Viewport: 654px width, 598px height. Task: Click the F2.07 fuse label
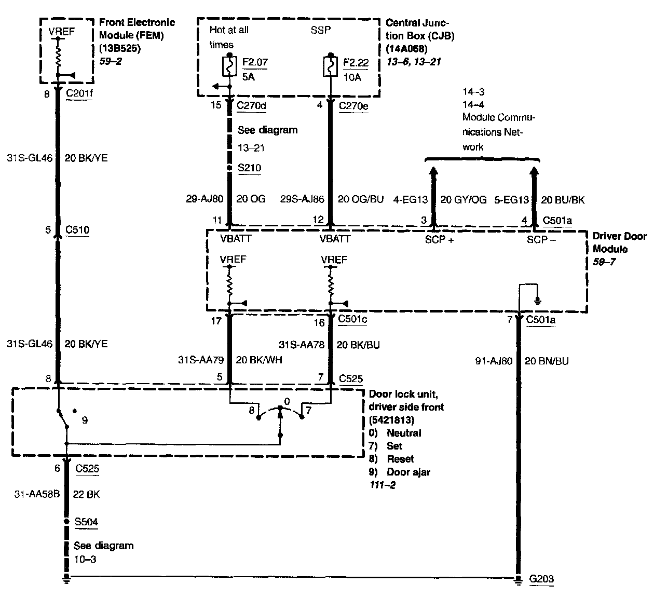coord(255,63)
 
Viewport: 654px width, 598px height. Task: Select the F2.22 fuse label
coord(356,63)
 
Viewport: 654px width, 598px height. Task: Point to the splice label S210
coord(249,168)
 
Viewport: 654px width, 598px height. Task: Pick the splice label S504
coord(86,522)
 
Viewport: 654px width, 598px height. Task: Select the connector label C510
coord(77,229)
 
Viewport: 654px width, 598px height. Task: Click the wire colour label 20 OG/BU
coord(361,199)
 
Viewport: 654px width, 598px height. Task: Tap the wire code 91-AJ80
coord(494,360)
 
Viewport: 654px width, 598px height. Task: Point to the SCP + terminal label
coord(439,239)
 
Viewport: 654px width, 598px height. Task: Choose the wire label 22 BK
coord(86,494)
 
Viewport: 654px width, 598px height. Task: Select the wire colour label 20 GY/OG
coord(464,199)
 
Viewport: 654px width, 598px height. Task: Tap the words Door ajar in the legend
coord(408,472)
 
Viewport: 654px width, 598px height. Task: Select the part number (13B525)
coord(120,49)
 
